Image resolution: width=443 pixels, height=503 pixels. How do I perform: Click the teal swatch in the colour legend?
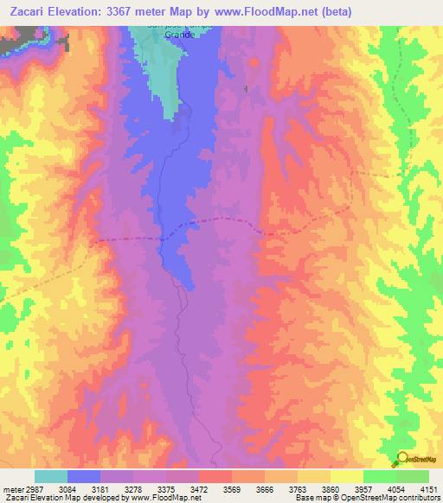click(x=50, y=476)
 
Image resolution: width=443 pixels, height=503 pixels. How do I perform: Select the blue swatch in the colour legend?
click(x=83, y=476)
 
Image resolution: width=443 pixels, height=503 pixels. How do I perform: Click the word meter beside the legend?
click(x=10, y=489)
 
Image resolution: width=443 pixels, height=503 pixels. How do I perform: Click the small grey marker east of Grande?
click(x=246, y=89)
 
